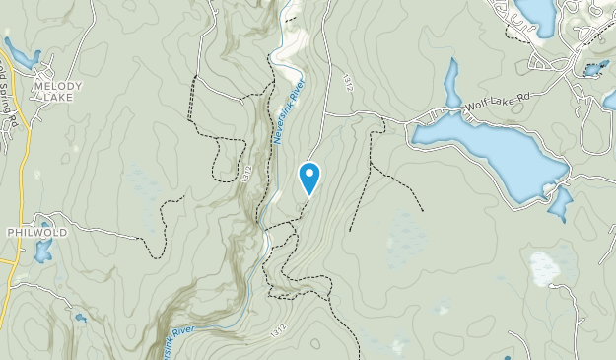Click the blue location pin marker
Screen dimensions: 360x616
(x=309, y=178)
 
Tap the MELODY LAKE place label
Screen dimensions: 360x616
(x=57, y=92)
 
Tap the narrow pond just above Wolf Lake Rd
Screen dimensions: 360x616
(x=451, y=83)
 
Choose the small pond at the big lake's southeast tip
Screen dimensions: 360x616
(x=559, y=205)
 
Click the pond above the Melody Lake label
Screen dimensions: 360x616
(x=22, y=53)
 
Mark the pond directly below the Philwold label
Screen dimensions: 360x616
(x=42, y=251)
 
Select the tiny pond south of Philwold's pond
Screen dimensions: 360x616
(x=79, y=318)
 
